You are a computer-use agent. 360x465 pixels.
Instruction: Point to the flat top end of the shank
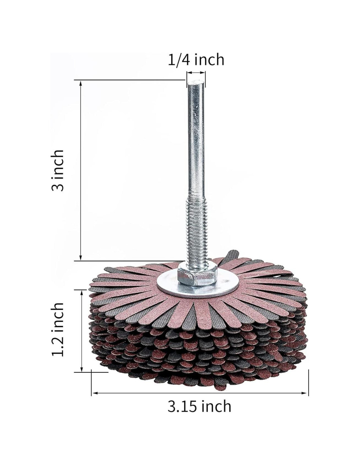tap(196, 82)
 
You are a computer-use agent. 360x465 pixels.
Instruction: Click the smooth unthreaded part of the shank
tap(196, 139)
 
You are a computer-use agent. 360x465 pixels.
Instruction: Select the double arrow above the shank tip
tap(196, 73)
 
